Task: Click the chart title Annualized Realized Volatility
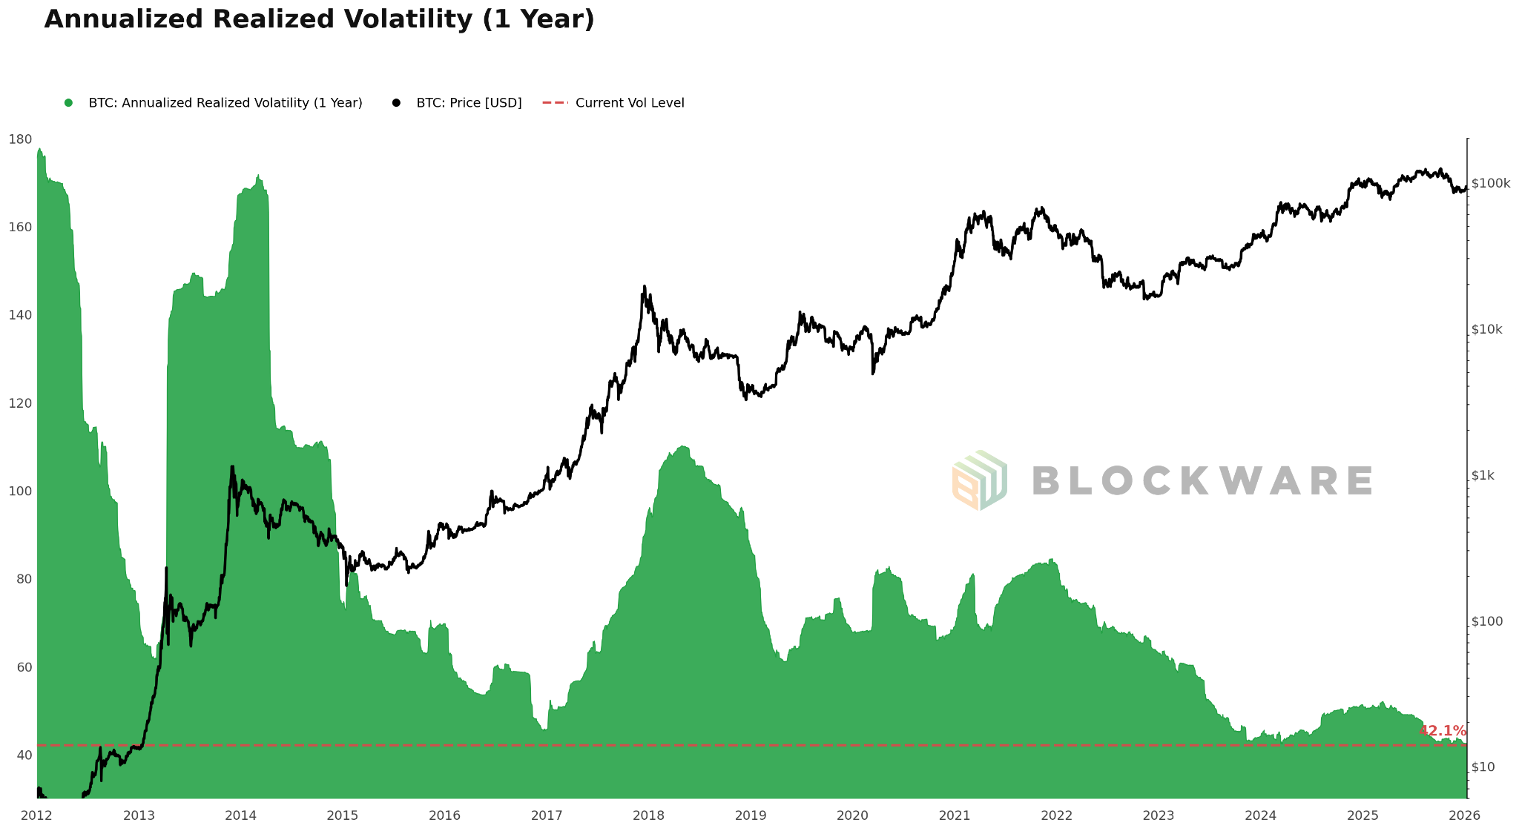319,20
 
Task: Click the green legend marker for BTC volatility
68,103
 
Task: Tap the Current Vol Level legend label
629,103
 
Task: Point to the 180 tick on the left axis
20,139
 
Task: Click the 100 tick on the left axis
20,491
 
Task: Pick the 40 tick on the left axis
22,755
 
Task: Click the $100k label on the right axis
1490,184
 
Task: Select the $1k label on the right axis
1483,476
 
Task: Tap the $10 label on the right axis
1482,767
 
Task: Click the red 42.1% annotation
1442,731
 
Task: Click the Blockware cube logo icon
979,480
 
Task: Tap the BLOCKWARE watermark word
1202,481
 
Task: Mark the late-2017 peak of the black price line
644,287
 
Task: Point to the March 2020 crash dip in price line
873,373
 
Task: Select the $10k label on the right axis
1486,330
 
